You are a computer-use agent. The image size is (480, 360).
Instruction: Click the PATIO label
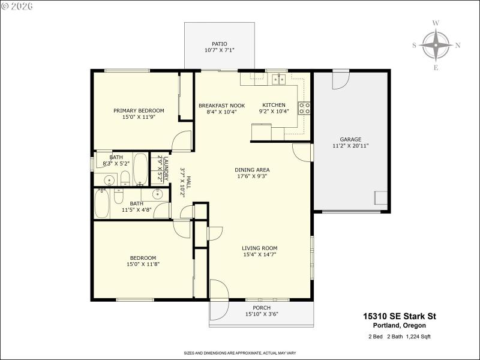[x=220, y=44]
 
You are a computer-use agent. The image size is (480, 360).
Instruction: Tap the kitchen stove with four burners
[x=305, y=108]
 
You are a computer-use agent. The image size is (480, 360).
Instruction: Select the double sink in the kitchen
[x=277, y=78]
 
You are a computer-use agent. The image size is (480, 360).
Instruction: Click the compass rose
[x=436, y=45]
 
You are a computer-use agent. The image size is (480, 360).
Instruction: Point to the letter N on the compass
[x=458, y=45]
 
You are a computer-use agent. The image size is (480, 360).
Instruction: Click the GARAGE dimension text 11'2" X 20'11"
[x=350, y=146]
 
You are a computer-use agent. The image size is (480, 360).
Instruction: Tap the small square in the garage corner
[x=380, y=199]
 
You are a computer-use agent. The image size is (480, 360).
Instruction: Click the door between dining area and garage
[x=302, y=152]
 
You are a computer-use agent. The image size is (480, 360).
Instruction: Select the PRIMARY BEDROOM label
[x=139, y=110]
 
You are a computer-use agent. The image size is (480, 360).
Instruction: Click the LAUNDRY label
[x=159, y=169]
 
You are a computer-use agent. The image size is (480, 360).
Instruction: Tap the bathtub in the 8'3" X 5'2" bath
[x=140, y=170]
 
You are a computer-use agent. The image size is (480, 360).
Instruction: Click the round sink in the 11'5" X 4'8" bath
[x=157, y=194]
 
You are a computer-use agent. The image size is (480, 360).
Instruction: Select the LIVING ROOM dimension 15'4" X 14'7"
[x=259, y=254]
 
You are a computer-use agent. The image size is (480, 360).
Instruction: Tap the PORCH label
[x=262, y=308]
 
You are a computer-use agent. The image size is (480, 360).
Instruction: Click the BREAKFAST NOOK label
[x=221, y=105]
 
